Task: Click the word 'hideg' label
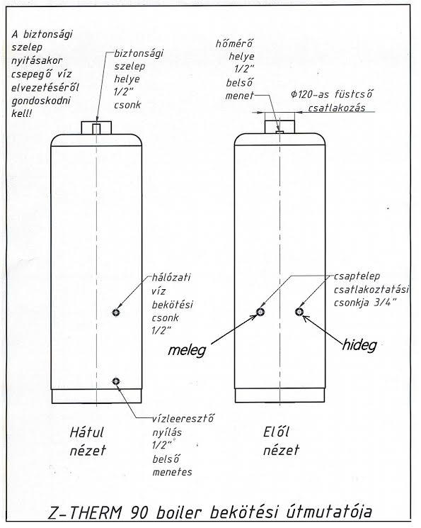[359, 345]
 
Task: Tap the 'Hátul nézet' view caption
[88, 441]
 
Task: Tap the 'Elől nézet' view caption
[281, 441]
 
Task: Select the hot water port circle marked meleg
[260, 312]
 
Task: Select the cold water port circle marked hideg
[299, 312]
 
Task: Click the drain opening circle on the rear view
[116, 381]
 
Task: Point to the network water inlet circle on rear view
[116, 313]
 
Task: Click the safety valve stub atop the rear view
[96, 129]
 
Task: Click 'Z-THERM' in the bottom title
[85, 513]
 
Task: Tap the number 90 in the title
[139, 513]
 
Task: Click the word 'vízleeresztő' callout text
[183, 420]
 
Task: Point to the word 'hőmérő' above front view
[234, 44]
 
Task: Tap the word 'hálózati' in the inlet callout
[171, 278]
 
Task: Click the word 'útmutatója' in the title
[329, 513]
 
